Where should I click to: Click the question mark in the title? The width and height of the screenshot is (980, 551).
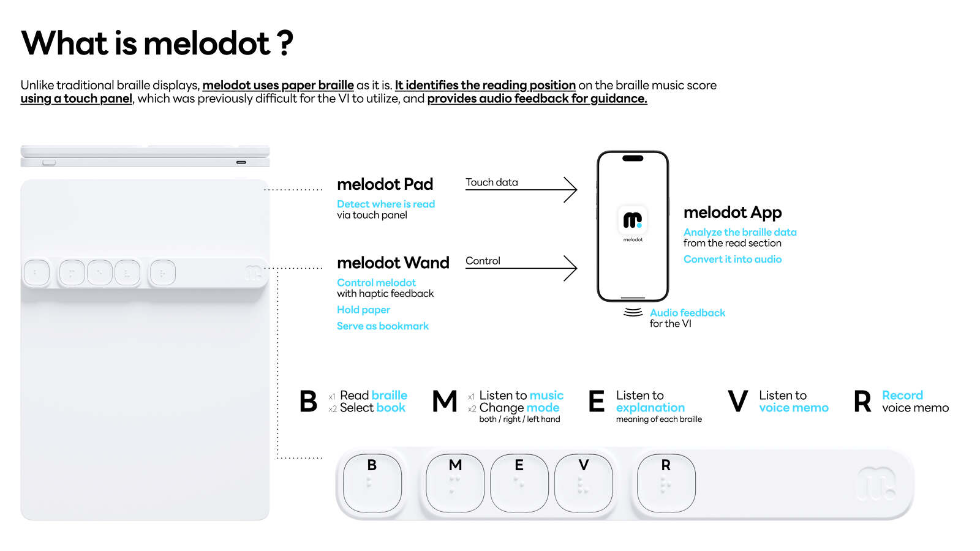point(285,43)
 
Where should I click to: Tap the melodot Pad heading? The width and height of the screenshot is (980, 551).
point(385,184)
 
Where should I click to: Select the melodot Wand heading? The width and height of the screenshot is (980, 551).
point(393,263)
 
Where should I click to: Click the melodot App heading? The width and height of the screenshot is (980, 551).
point(733,212)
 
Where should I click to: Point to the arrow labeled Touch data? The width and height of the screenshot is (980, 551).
point(521,190)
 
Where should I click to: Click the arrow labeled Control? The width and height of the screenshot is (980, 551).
point(521,268)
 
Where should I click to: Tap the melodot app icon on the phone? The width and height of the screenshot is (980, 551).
point(633,220)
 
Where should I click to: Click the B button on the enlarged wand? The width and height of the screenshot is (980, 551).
point(372,483)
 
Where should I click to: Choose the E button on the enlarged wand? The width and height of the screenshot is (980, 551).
point(519,483)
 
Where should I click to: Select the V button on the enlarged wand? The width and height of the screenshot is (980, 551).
point(584,483)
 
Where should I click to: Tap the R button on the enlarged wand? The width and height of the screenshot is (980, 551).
point(666,483)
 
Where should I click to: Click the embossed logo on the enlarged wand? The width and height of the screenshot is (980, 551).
point(876,484)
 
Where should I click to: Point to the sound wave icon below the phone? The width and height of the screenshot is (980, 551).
point(633,312)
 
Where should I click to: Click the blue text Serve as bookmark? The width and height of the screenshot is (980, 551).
point(383,326)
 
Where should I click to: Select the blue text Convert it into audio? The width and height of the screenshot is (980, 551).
point(733,260)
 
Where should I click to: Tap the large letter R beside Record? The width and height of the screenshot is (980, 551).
point(862,402)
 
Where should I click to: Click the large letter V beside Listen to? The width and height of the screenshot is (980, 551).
point(737,402)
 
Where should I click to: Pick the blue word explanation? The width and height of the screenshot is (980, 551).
point(650,408)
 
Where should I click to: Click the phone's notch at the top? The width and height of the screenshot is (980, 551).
point(633,159)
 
